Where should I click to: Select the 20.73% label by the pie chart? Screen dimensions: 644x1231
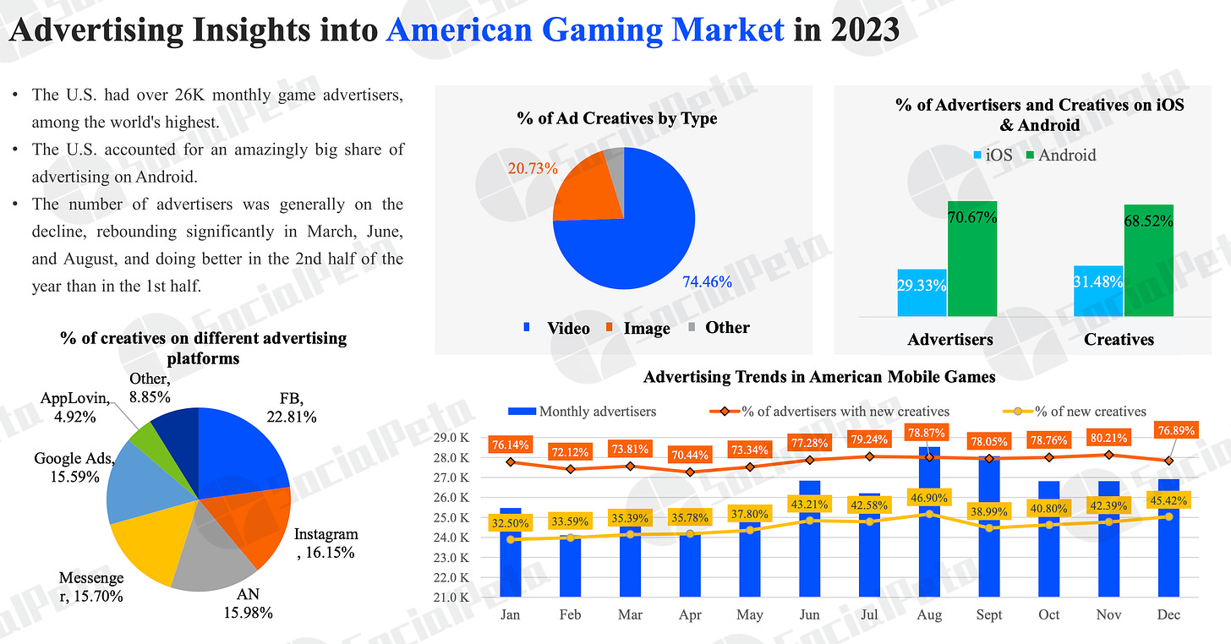click(533, 168)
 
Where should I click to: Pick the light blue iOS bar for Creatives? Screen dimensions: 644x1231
click(1098, 291)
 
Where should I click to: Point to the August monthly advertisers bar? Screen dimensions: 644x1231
click(928, 541)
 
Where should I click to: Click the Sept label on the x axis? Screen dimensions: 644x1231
click(988, 614)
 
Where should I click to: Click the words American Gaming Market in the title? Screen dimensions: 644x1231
click(585, 30)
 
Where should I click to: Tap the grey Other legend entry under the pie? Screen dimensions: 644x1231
click(719, 328)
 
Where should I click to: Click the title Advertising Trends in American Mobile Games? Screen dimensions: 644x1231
click(818, 377)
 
